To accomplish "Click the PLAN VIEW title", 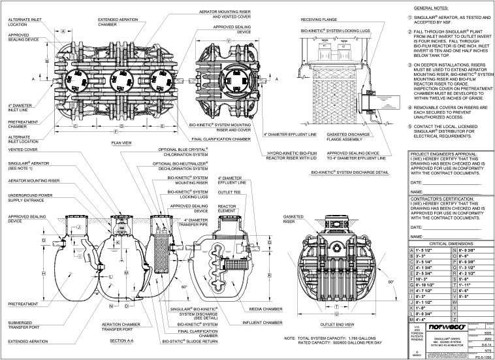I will coord(123,140).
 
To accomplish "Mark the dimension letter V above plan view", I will coord(227,41).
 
